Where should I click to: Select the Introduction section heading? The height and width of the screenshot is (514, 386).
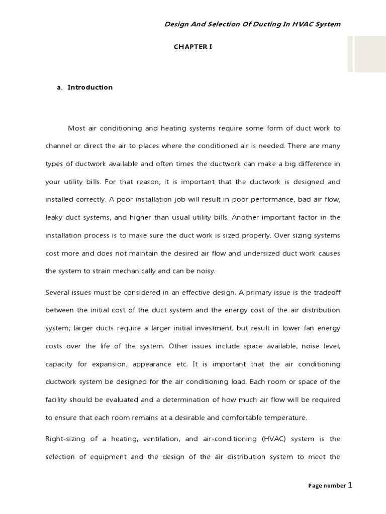coord(90,87)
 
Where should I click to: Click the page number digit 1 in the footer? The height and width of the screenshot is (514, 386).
coord(350,485)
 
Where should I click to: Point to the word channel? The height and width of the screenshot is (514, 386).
coord(58,146)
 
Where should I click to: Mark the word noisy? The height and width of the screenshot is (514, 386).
coord(205,271)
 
